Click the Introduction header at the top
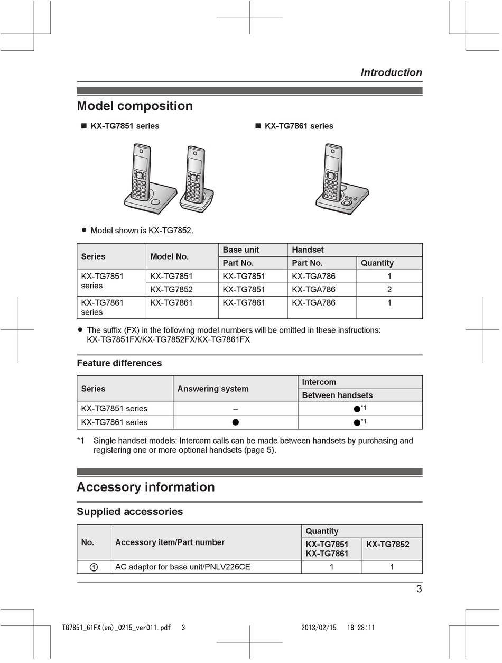[x=391, y=72]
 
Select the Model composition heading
[x=135, y=106]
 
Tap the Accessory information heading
[x=146, y=487]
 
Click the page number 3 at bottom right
[x=419, y=589]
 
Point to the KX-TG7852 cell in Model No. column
[x=171, y=289]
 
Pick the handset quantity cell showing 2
[x=389, y=289]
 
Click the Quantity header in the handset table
[x=377, y=263]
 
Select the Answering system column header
[x=213, y=389]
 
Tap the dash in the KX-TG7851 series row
[x=235, y=409]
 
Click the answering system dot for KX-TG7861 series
[x=236, y=422]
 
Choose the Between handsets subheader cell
[x=337, y=395]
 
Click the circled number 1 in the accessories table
[x=93, y=567]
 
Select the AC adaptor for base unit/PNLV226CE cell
[x=183, y=567]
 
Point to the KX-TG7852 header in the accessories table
[x=388, y=544]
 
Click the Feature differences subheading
[x=119, y=363]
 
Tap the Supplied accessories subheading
[x=130, y=511]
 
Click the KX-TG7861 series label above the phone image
[x=299, y=126]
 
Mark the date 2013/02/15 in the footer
[x=319, y=628]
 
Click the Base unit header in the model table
[x=241, y=250]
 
